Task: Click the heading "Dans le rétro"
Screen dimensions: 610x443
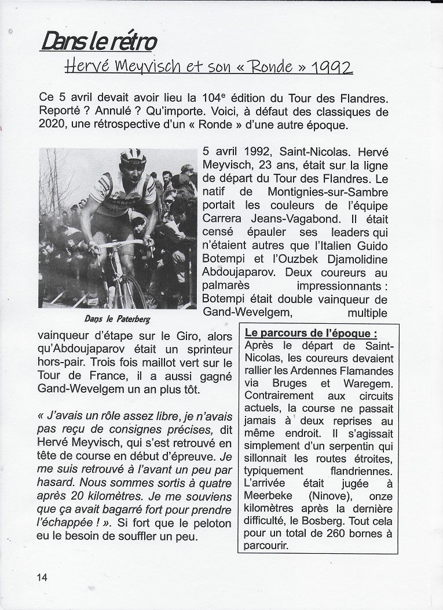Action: [x=98, y=41]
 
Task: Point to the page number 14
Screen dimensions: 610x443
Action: [x=42, y=577]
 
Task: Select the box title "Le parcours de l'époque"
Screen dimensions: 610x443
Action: [x=311, y=334]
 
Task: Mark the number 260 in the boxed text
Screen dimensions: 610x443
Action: [x=339, y=534]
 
